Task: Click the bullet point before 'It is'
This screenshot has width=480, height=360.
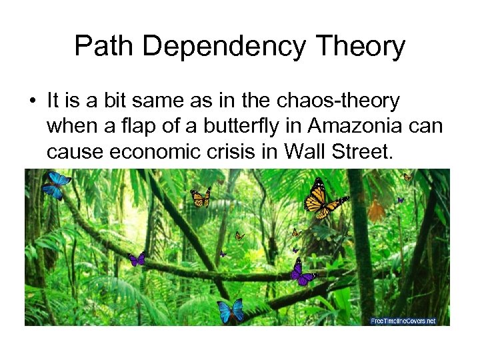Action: click(x=32, y=101)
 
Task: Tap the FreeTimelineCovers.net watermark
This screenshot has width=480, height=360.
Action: click(x=403, y=321)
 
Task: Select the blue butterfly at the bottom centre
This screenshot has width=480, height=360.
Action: click(x=231, y=310)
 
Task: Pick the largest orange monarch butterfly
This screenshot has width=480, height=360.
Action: click(x=322, y=199)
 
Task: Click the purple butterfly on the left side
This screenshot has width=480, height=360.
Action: click(x=137, y=259)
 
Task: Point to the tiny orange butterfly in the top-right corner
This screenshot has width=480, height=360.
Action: click(x=407, y=177)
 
